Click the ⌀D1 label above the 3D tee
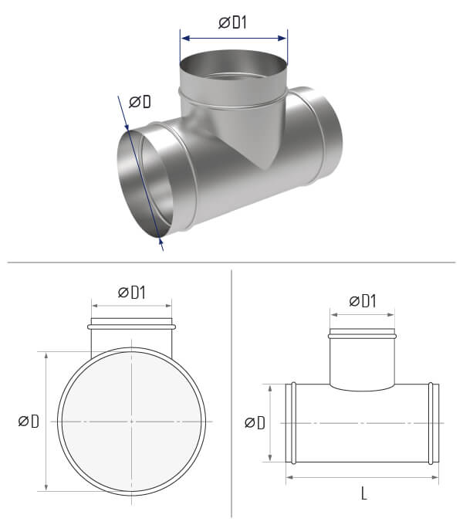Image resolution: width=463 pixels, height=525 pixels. tap(232, 22)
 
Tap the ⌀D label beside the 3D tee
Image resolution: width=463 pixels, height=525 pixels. tap(140, 101)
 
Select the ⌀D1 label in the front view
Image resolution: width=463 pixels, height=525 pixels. tap(132, 293)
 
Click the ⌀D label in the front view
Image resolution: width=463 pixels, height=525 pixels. tap(29, 421)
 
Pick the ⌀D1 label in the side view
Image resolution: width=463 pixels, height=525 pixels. tap(363, 301)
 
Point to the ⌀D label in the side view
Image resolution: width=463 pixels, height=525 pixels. tap(255, 422)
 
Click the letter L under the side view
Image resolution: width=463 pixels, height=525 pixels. tap(364, 493)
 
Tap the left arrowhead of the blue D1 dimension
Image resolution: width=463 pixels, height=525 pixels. tap(185, 38)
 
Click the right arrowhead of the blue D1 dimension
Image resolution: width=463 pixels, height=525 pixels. tap(282, 38)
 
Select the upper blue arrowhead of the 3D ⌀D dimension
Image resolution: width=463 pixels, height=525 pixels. tap(127, 127)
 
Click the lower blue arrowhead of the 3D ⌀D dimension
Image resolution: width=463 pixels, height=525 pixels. tap(161, 242)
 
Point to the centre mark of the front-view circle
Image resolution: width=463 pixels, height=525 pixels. tap(131, 422)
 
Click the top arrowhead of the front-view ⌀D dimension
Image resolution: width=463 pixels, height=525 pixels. tap(46, 356)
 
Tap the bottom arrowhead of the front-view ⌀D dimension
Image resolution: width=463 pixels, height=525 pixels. tap(46, 487)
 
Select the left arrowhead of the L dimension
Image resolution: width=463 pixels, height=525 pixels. tap(290, 477)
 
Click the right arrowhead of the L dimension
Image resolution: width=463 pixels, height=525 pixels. tap(434, 477)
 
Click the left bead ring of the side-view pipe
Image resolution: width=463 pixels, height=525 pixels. tap(293, 423)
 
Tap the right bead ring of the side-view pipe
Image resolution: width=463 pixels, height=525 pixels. tap(431, 423)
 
